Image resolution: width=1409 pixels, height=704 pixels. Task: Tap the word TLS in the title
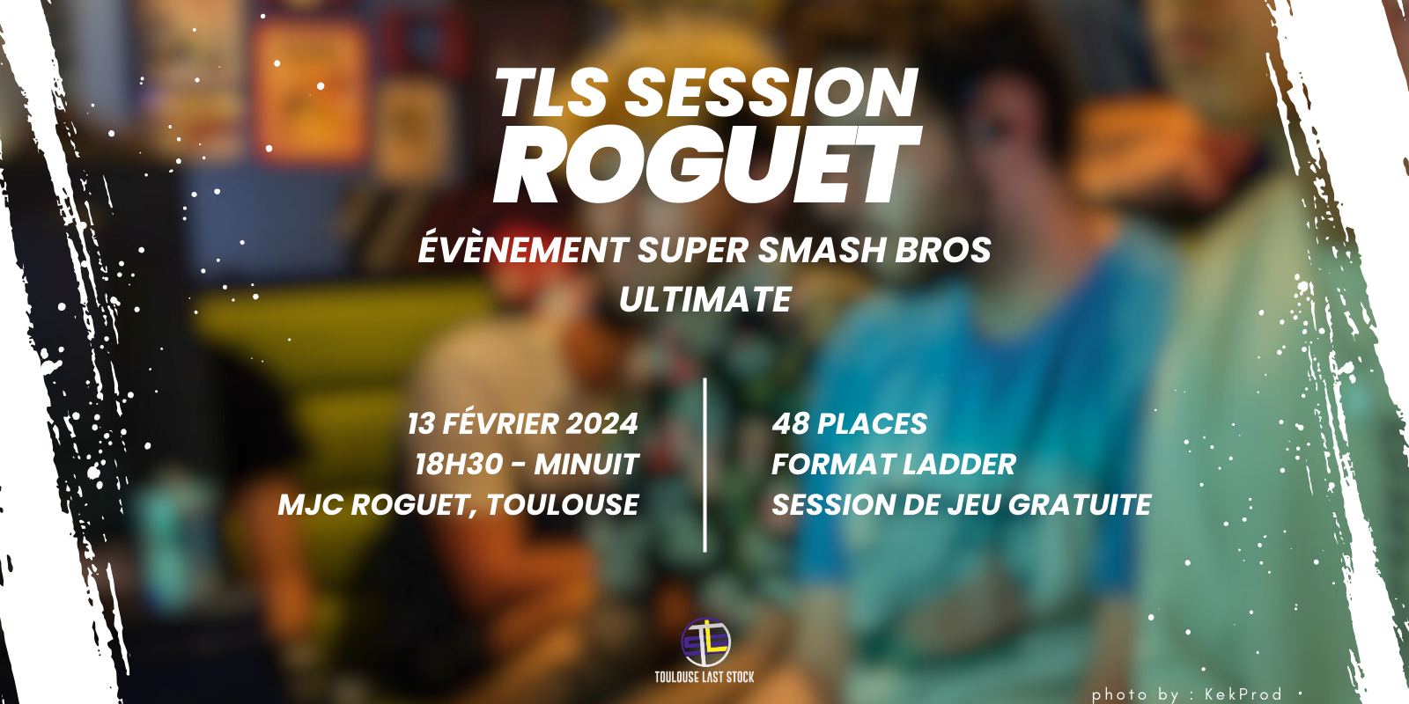point(551,93)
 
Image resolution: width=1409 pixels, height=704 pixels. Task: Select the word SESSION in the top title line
point(771,93)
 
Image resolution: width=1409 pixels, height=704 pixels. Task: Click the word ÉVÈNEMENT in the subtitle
point(523,250)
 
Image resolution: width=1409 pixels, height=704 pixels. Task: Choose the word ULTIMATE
point(704,300)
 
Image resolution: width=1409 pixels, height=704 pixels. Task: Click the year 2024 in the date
point(601,424)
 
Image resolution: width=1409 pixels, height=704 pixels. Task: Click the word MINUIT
point(586,465)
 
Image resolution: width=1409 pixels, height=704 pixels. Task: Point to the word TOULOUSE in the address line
point(563,505)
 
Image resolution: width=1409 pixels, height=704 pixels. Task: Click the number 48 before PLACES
point(791,424)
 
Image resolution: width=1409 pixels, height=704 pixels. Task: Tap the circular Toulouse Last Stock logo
point(705,642)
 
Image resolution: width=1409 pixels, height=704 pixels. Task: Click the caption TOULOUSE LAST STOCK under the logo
point(704,677)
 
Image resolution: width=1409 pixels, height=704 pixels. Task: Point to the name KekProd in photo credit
point(1243,694)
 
